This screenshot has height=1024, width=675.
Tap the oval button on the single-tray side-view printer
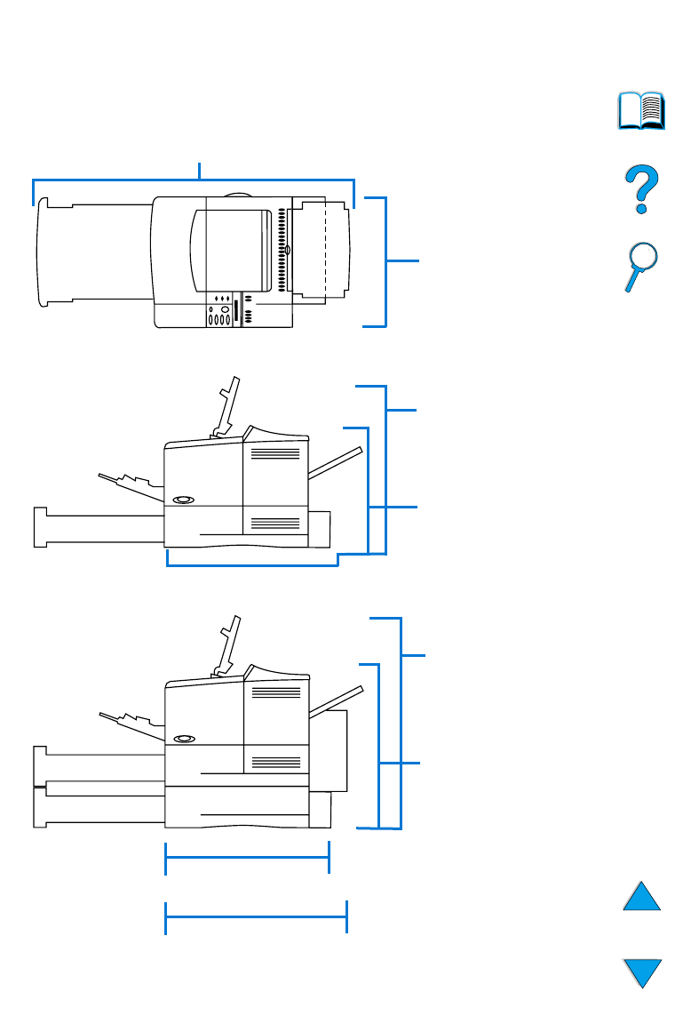[x=183, y=500]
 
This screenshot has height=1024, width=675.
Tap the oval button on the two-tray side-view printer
[x=186, y=739]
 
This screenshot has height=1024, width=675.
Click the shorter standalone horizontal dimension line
[x=248, y=858]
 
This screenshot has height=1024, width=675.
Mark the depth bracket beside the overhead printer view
[x=386, y=261]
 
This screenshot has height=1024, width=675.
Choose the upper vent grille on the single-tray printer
[x=274, y=453]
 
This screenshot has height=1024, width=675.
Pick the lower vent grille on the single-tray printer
[x=274, y=522]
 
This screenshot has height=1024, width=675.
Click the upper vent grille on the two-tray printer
[x=274, y=692]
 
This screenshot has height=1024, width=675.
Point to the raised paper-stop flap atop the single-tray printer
[x=226, y=405]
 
